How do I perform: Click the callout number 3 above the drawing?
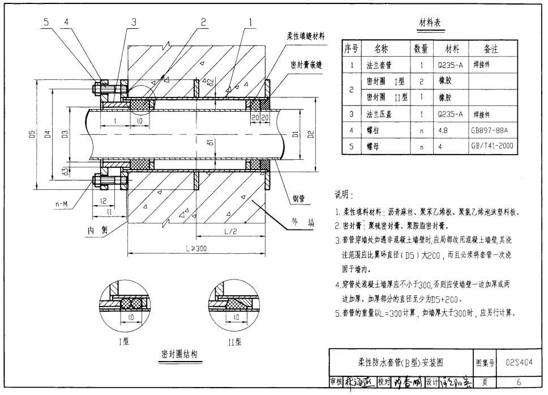point(134,22)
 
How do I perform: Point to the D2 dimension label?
point(310,134)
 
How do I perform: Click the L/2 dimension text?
point(230,232)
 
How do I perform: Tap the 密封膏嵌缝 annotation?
point(306,65)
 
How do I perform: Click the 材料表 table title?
point(430,23)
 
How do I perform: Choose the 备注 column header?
point(491,49)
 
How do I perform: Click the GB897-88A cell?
point(490,129)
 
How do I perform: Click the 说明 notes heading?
point(344,195)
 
